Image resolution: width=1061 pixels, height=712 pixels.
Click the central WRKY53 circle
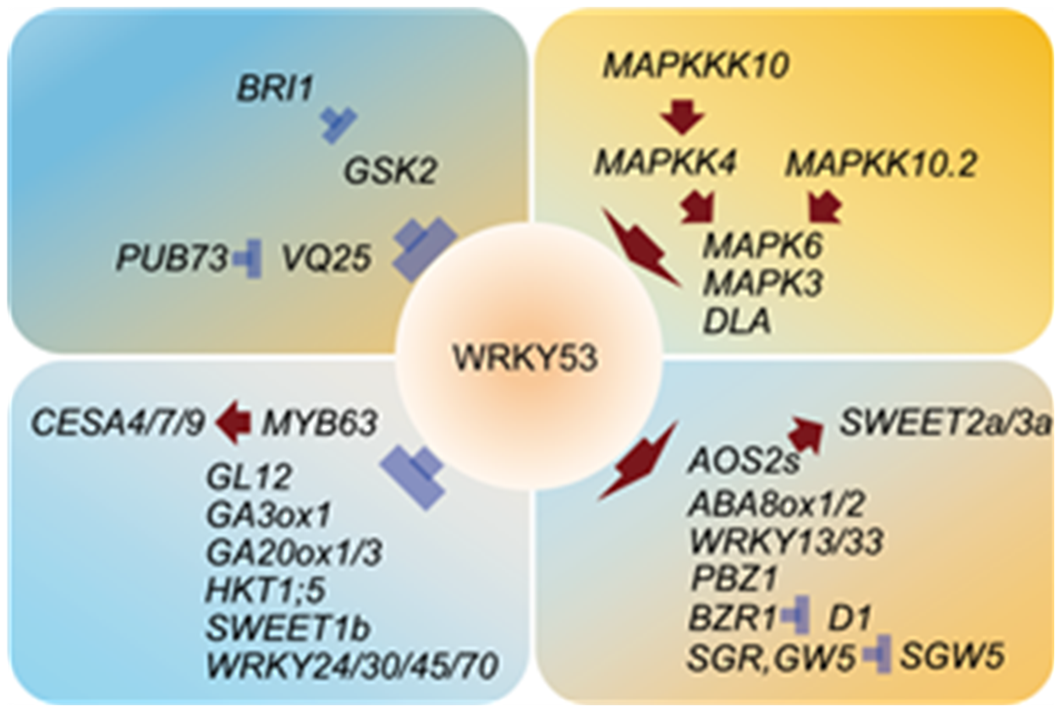coord(525,359)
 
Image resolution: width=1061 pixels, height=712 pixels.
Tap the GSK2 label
coord(389,173)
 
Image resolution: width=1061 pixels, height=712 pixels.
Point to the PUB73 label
coord(173,259)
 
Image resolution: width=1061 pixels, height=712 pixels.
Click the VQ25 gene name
coord(327,259)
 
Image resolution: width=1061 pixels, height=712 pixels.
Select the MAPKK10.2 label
coord(881,164)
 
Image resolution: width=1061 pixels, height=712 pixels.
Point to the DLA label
coord(736,322)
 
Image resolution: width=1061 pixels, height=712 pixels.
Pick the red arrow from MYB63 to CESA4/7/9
coord(234,422)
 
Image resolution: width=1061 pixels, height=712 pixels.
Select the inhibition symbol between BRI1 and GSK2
coord(339,126)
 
